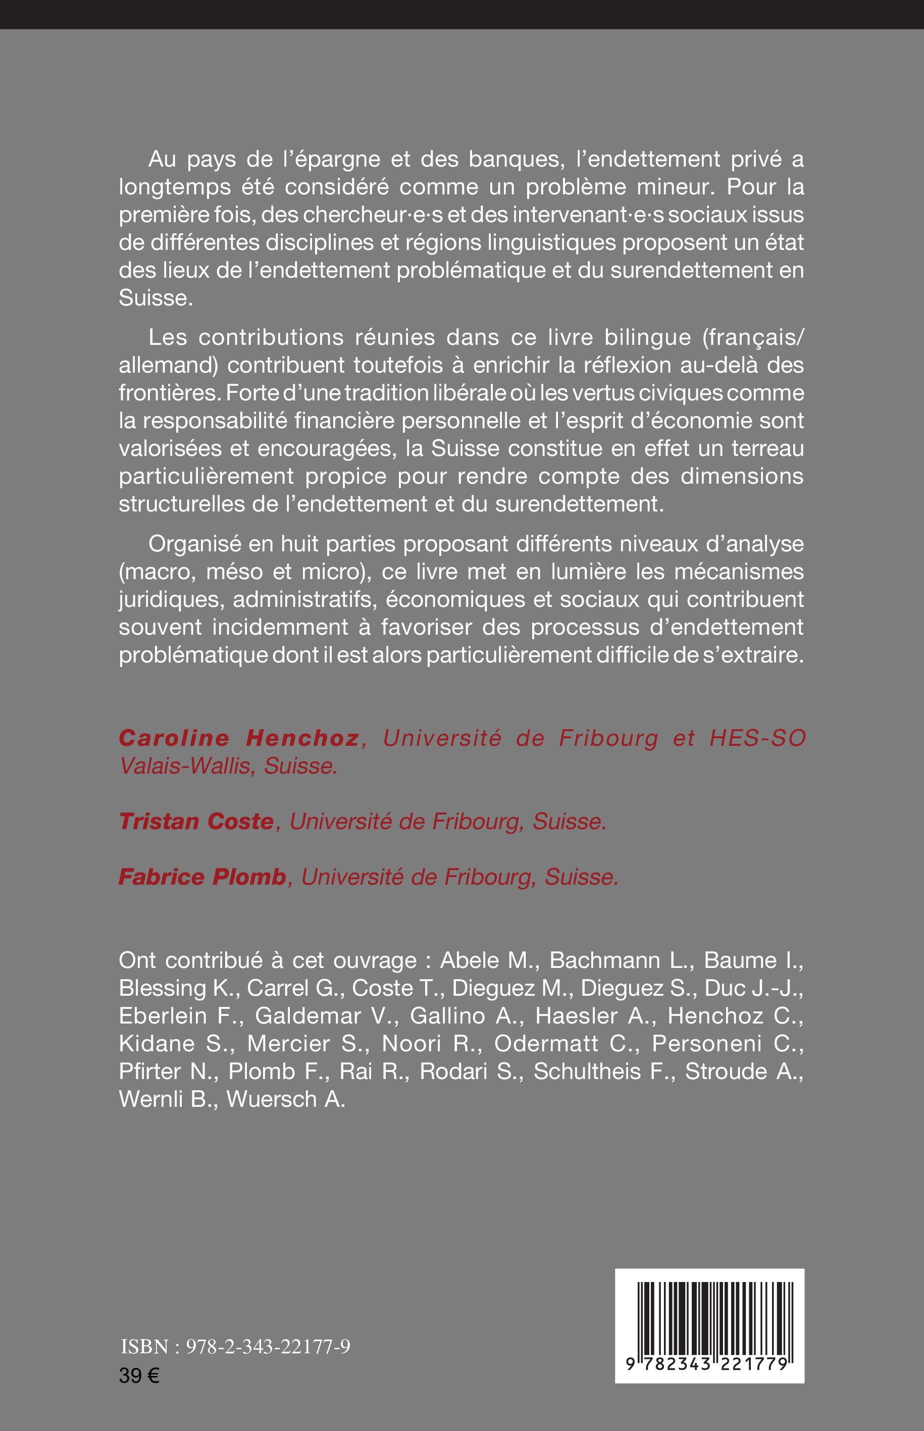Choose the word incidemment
[280, 627]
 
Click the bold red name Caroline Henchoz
[239, 738]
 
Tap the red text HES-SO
[757, 738]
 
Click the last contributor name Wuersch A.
[286, 1099]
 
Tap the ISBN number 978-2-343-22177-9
[268, 1348]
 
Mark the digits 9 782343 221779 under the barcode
[709, 1364]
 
